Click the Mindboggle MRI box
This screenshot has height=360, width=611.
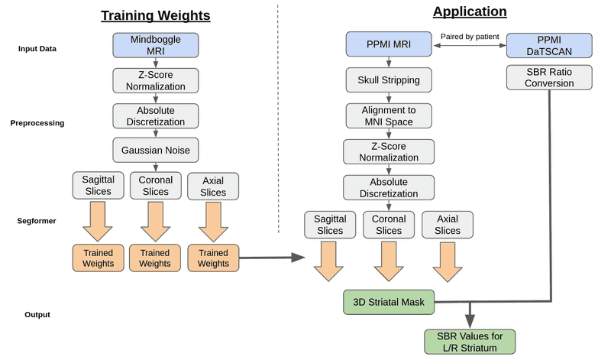(155, 45)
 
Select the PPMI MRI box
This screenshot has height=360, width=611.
(389, 45)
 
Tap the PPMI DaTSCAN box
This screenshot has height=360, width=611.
(548, 45)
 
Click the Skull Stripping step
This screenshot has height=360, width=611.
(389, 79)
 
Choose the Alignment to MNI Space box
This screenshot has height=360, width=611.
(389, 115)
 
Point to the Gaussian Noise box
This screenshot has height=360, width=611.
(155, 150)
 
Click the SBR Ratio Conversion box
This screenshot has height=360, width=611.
(548, 77)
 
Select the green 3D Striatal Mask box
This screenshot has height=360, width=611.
(389, 302)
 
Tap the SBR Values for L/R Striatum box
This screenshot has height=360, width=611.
(469, 342)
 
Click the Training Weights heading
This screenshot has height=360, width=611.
(155, 15)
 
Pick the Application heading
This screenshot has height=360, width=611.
(469, 11)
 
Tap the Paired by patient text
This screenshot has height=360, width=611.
(469, 36)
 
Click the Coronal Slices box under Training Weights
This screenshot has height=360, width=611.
(155, 186)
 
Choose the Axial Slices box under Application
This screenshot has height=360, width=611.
(448, 224)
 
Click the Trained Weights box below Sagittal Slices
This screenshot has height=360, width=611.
(98, 258)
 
